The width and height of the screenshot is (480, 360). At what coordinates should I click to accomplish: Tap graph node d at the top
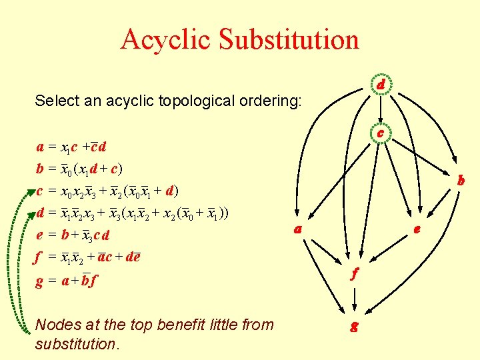pyautogui.click(x=379, y=85)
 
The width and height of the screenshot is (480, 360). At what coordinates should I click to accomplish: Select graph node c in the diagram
pyautogui.click(x=379, y=133)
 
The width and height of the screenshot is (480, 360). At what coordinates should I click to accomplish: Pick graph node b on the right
pyautogui.click(x=460, y=180)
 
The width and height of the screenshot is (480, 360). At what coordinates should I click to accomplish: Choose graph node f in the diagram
pyautogui.click(x=355, y=273)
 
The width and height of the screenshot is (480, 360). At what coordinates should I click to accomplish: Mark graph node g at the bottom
pyautogui.click(x=355, y=327)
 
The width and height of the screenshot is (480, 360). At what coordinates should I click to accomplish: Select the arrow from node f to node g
pyautogui.click(x=355, y=300)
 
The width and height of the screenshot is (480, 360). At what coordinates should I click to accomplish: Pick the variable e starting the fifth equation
pyautogui.click(x=41, y=235)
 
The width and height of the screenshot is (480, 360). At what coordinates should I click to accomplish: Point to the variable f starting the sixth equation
pyautogui.click(x=41, y=257)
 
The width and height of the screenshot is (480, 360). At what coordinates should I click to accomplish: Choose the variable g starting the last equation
pyautogui.click(x=41, y=282)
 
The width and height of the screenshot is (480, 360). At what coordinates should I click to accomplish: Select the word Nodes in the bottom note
pyautogui.click(x=55, y=325)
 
